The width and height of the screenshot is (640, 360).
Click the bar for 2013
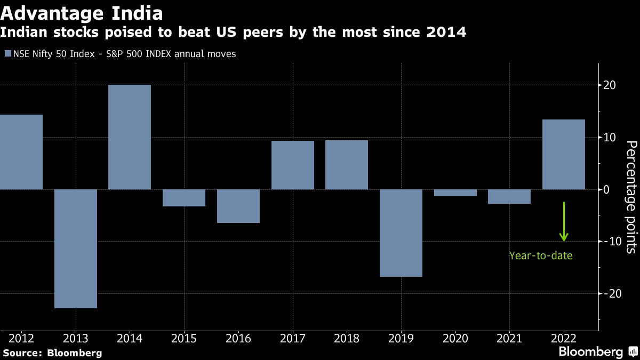[76, 249]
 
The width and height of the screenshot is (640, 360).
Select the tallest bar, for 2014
[130, 137]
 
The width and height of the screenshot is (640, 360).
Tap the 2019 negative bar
[401, 233]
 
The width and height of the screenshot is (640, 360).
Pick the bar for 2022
[564, 154]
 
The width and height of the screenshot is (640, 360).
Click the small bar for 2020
[455, 193]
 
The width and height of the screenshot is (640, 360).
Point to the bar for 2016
[238, 206]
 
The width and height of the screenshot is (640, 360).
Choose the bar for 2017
[293, 165]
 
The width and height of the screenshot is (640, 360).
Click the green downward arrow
[564, 222]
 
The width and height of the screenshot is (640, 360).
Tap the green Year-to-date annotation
[541, 256]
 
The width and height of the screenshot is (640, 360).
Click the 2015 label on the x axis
[184, 338]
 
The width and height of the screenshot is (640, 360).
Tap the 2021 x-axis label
[509, 338]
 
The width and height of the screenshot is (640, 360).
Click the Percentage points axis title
[631, 196]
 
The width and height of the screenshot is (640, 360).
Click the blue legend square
[7, 54]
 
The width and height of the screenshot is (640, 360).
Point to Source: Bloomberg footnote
[52, 353]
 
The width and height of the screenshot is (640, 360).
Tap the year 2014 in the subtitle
[446, 33]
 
